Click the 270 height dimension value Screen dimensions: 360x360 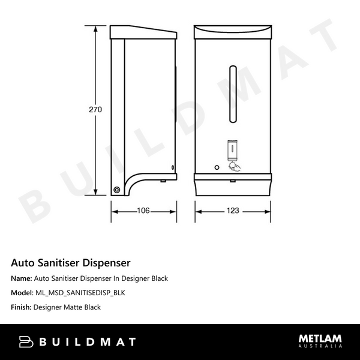[x=95, y=110]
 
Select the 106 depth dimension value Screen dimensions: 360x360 [x=143, y=211]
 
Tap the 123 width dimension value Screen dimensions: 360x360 [x=233, y=211]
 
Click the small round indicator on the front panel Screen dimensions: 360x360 [x=217, y=166]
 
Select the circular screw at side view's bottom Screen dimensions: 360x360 [x=116, y=189]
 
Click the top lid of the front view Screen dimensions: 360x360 [x=233, y=31]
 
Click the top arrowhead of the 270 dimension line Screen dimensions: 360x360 [x=95, y=30]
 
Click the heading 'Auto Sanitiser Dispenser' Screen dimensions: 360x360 [x=71, y=263]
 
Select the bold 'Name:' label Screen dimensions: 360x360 [x=22, y=278]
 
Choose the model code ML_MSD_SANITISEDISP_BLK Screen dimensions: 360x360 [x=80, y=293]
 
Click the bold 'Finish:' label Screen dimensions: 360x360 [x=22, y=307]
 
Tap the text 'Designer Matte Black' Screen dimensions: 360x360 [x=67, y=307]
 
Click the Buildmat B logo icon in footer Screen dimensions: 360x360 [x=26, y=342]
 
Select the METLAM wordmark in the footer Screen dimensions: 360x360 [x=320, y=339]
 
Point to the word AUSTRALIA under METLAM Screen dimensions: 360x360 [x=320, y=347]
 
